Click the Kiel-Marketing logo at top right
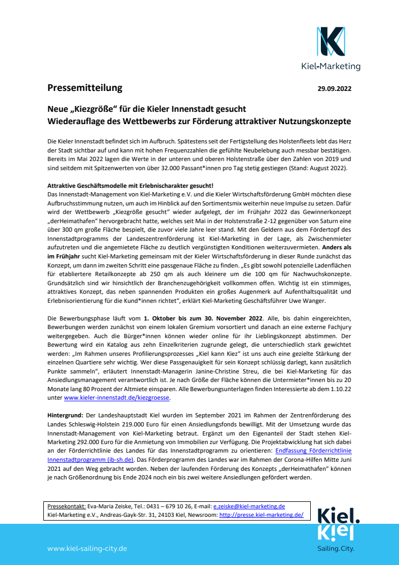point(338,48)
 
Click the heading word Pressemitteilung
point(85,88)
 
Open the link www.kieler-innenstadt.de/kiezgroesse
point(117,399)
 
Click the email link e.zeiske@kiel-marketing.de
point(249,506)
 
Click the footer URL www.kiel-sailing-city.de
point(87,548)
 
